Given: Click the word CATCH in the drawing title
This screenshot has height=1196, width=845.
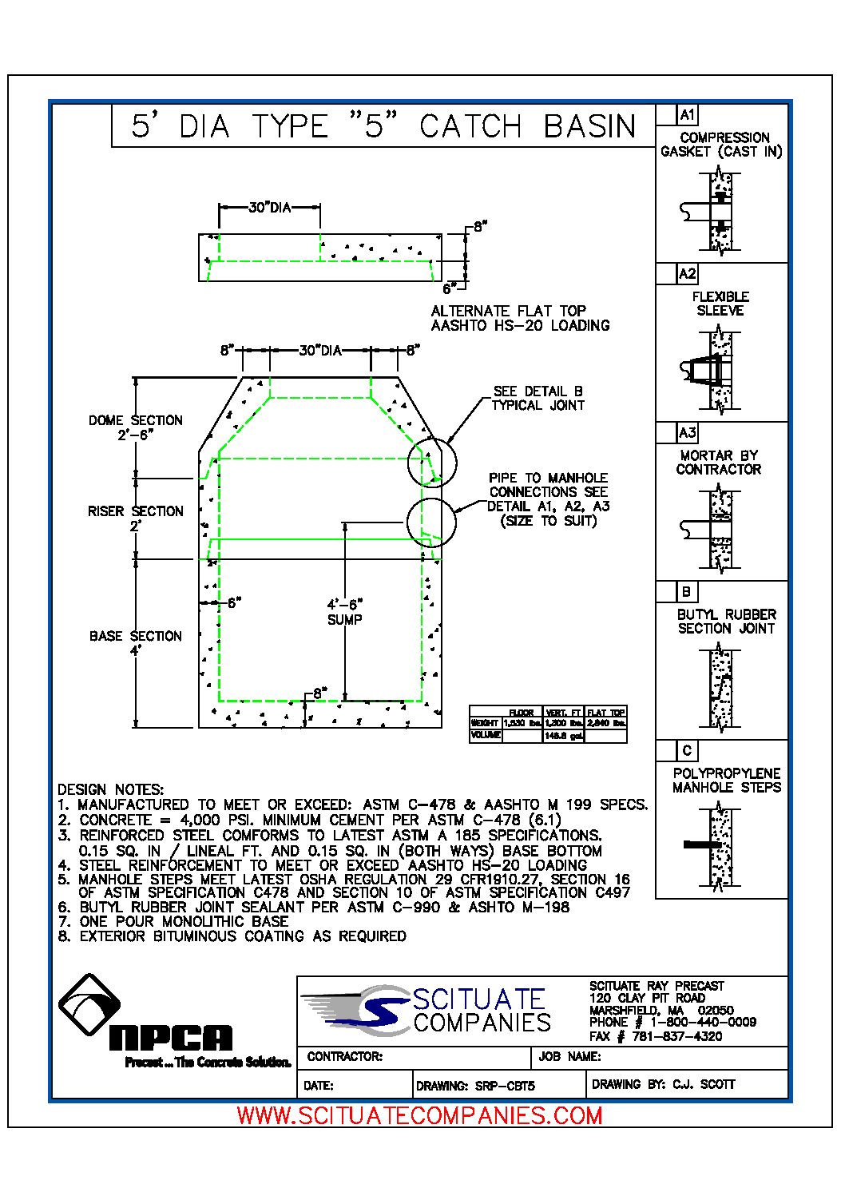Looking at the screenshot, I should click(470, 126).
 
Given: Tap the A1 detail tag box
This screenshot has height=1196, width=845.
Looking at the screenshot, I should click(687, 115).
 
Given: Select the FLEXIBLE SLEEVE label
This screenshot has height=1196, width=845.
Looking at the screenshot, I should click(720, 304).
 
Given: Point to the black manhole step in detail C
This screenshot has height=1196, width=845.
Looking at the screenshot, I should click(701, 844).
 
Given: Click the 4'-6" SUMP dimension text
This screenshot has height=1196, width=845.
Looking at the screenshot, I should click(345, 612).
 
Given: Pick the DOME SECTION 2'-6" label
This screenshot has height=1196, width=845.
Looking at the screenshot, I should click(136, 427).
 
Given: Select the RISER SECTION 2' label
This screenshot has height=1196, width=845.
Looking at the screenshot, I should click(136, 519).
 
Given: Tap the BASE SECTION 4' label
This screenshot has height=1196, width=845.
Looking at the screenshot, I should click(136, 643).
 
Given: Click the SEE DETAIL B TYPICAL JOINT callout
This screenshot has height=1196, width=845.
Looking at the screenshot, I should click(538, 398).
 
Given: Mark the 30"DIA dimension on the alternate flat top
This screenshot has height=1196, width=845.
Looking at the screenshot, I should click(269, 208).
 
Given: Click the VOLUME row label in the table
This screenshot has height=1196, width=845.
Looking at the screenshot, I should click(486, 735).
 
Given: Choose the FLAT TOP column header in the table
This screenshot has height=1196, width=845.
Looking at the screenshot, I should click(606, 713).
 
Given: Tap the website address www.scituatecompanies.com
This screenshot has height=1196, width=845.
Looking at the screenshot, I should click(420, 1115).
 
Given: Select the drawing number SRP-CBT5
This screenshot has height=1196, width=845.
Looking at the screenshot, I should click(505, 1086).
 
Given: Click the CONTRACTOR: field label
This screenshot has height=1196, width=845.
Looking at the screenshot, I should click(345, 1056).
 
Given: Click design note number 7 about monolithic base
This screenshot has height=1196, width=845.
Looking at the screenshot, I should click(173, 921).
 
